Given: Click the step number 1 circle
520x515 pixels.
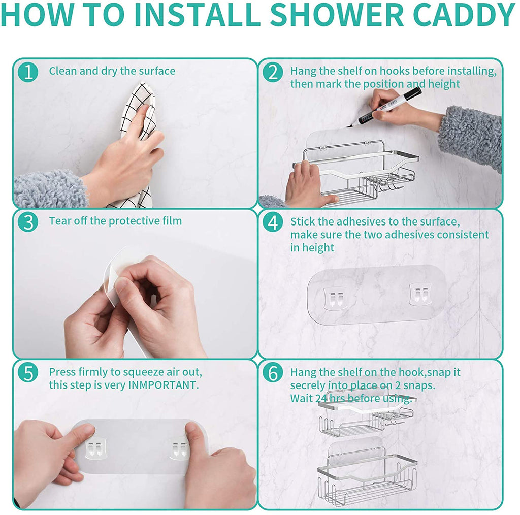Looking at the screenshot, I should click(x=28, y=72).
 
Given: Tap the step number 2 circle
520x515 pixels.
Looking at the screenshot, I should click(x=273, y=72).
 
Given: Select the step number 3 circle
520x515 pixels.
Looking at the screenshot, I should click(x=28, y=222).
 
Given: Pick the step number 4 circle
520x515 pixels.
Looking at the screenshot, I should click(x=273, y=222).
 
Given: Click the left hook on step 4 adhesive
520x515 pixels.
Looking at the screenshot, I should click(x=333, y=298).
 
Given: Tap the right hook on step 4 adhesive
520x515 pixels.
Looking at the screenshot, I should click(x=420, y=295).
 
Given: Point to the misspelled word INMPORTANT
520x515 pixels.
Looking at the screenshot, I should click(x=162, y=385).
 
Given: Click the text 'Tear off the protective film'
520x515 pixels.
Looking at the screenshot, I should click(x=115, y=221).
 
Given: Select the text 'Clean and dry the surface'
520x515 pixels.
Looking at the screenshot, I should click(x=112, y=71).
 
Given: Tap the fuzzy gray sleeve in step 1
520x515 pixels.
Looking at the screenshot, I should click(x=51, y=189).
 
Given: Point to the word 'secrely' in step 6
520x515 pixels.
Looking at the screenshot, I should click(x=308, y=385).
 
